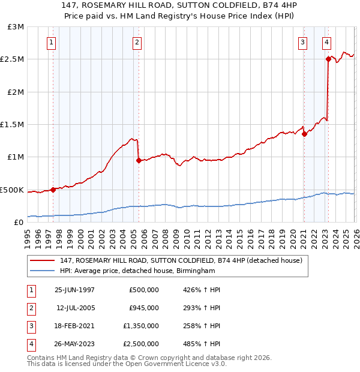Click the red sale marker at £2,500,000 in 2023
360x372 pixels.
pos(328,59)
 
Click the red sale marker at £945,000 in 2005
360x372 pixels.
pos(139,160)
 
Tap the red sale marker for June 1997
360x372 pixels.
pos(53,190)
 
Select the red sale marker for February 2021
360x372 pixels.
pos(304,134)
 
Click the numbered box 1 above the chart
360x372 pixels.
pos(52,42)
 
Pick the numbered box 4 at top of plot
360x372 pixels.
pos(326,42)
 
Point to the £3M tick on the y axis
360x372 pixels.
pos(16,27)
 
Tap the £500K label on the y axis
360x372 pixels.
pos(12,190)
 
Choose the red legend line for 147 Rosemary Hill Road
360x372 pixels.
pos(43,260)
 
